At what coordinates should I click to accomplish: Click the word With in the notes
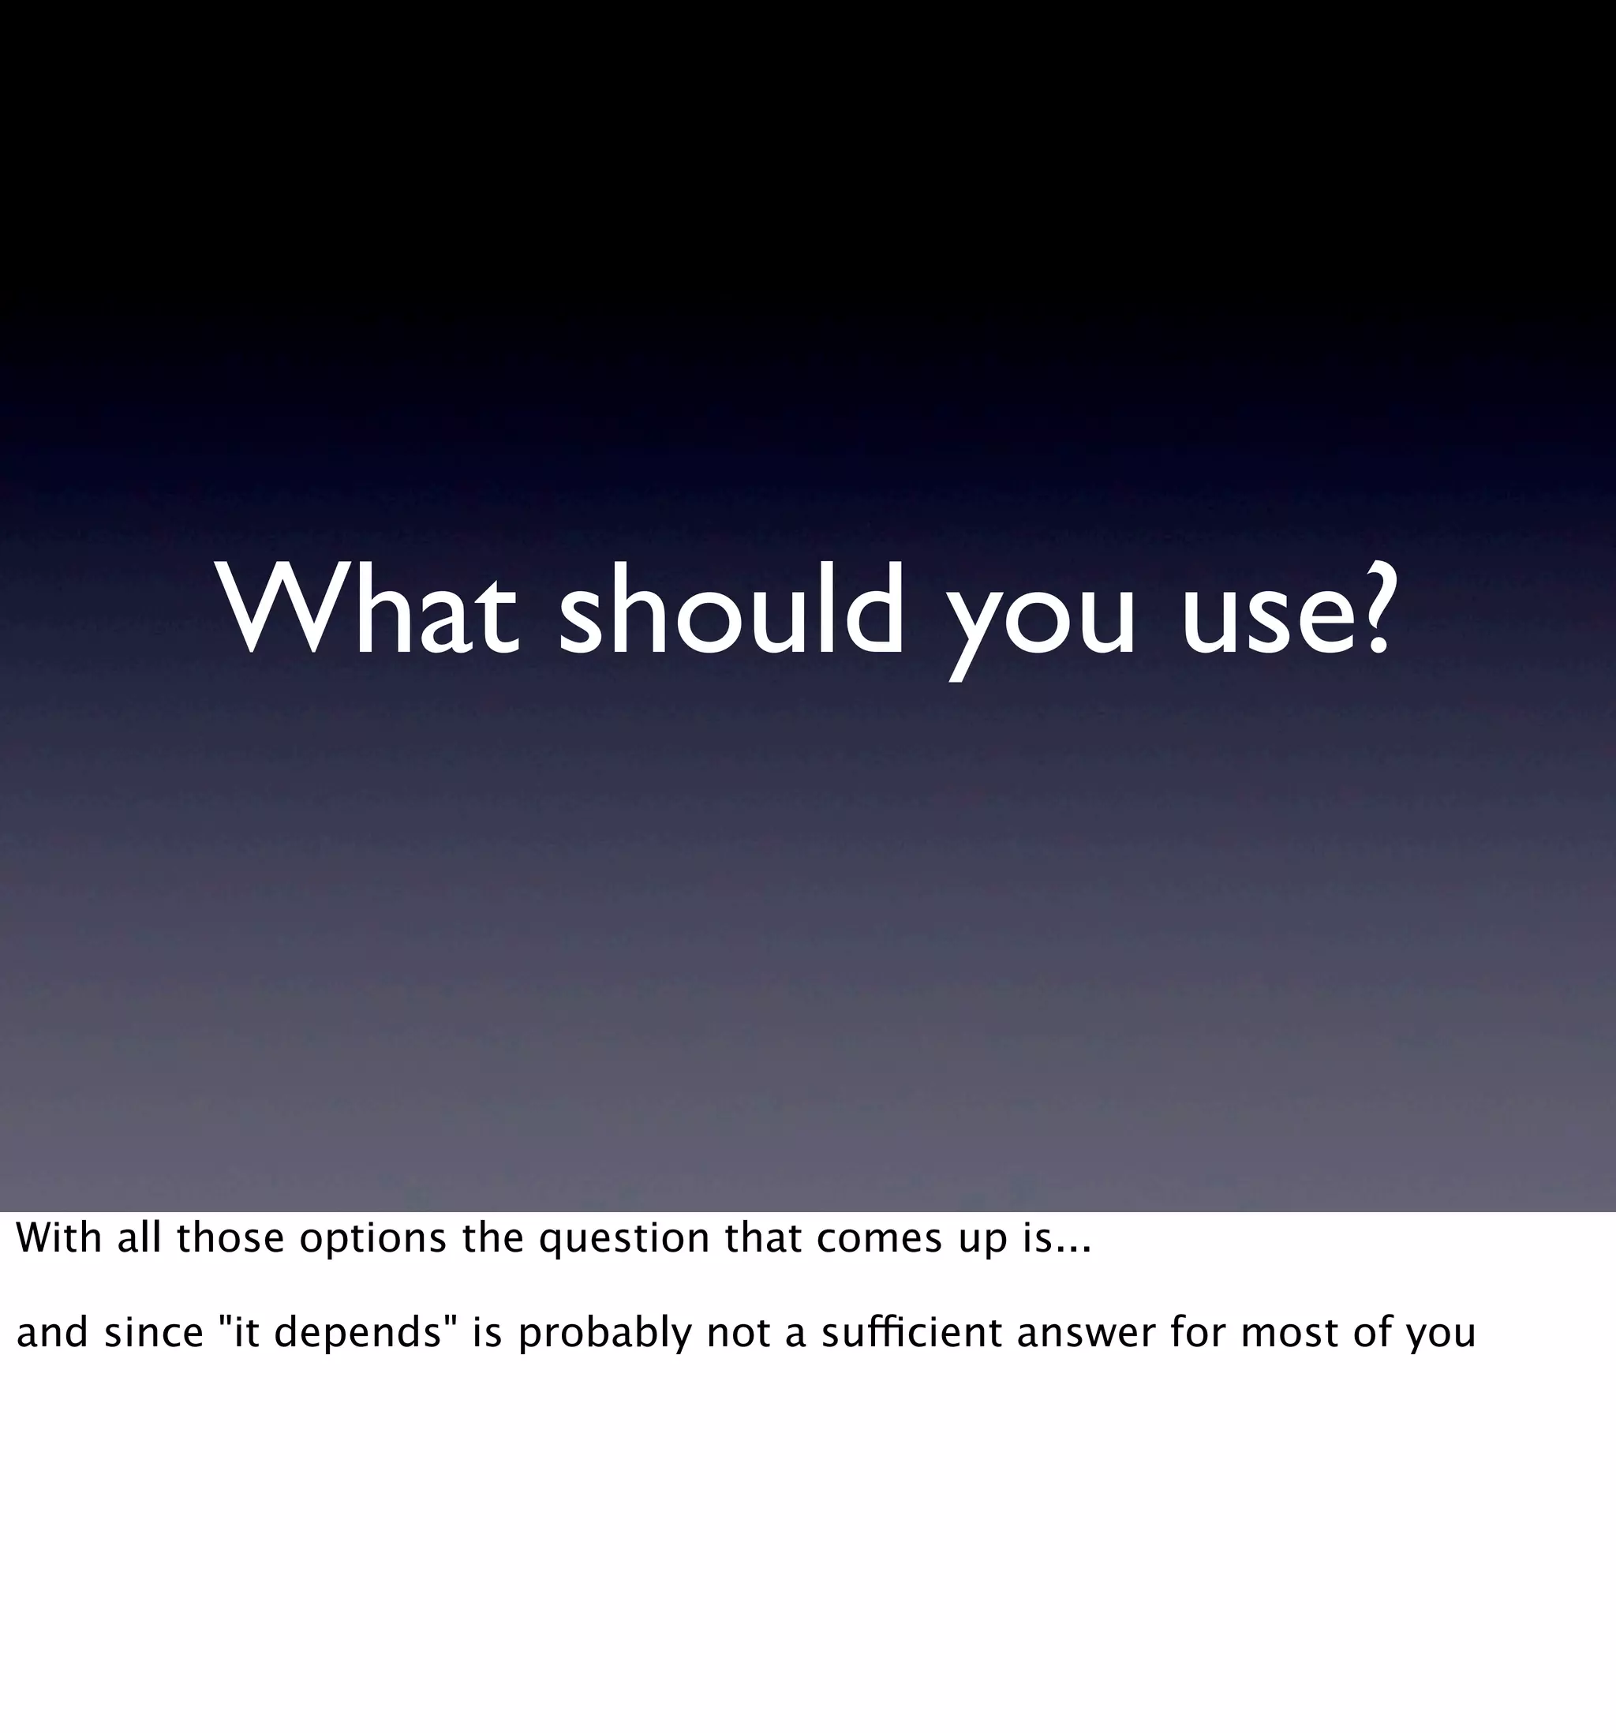tap(58, 1239)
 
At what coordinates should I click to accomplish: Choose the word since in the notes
tap(153, 1333)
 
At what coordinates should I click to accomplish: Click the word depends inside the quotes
tap(357, 1334)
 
